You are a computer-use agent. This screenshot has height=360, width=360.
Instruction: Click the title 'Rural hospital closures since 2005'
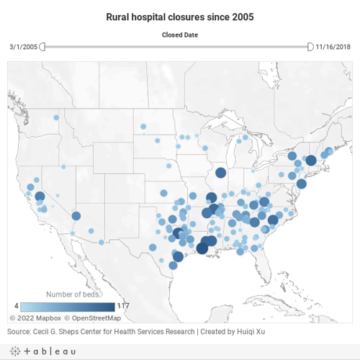(x=180, y=16)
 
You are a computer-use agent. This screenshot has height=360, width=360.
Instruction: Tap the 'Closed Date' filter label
(x=179, y=34)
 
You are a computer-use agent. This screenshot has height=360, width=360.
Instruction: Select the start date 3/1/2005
(x=22, y=47)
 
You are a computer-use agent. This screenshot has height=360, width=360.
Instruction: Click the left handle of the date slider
(x=42, y=47)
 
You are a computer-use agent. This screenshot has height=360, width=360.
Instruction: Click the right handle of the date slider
(x=310, y=47)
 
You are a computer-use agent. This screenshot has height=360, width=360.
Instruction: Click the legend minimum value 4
(x=15, y=305)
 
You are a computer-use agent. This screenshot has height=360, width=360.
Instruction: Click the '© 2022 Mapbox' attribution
(x=34, y=317)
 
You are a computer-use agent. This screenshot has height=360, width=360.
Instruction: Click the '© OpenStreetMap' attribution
(x=92, y=317)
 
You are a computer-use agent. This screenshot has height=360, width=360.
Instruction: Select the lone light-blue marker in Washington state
(x=55, y=117)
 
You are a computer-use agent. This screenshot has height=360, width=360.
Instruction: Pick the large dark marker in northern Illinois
(x=220, y=173)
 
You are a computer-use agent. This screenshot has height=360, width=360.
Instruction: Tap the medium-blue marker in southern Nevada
(x=76, y=215)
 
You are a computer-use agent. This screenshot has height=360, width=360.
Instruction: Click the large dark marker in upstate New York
(x=310, y=161)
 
